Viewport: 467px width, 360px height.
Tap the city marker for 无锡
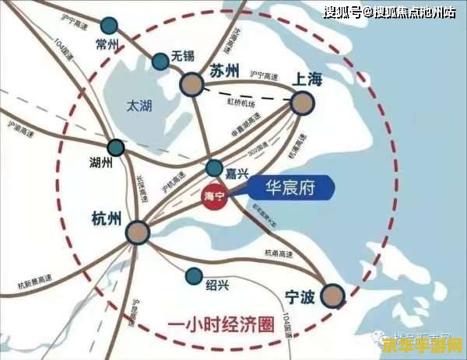tap(160, 60)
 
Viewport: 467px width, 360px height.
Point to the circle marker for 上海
tap(302, 103)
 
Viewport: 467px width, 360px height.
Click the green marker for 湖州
tap(116, 147)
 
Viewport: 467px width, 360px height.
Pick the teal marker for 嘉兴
tap(214, 168)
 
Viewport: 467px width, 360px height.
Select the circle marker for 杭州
tap(138, 231)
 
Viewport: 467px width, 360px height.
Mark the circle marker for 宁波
tap(333, 295)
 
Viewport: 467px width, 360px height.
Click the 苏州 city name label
tap(226, 70)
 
